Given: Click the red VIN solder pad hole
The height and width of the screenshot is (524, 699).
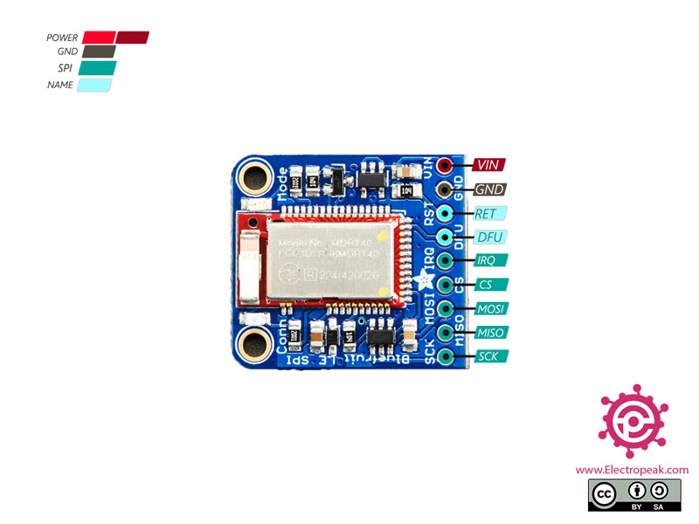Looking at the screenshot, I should (446, 165).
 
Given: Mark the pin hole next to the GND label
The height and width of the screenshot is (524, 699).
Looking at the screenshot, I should (446, 189).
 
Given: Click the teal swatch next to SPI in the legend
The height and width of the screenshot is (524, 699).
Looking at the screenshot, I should (97, 68).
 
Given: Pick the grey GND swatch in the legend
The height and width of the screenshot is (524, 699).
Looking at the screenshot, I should (98, 52).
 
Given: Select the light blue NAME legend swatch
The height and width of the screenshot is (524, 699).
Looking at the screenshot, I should (93, 86).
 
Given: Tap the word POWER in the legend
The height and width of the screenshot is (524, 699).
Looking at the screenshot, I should (62, 38).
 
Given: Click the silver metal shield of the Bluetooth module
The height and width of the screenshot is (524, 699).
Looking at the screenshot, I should (333, 259).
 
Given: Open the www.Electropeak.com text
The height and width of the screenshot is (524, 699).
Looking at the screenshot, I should (632, 470).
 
